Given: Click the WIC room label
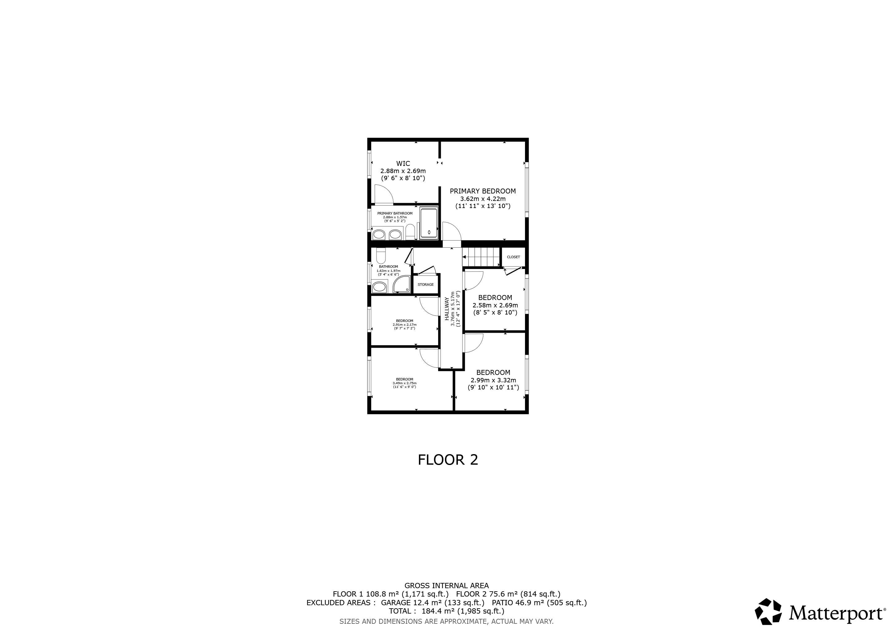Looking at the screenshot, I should (x=403, y=163).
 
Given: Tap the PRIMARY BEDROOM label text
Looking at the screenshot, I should (x=483, y=191).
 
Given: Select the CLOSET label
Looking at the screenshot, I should (x=513, y=257).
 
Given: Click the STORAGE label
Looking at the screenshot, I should (x=425, y=284).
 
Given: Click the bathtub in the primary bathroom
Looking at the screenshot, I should (x=429, y=223).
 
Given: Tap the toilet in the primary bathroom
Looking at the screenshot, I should (x=410, y=232).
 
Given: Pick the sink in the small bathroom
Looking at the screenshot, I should (x=379, y=287).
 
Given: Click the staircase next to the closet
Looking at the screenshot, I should (x=481, y=257).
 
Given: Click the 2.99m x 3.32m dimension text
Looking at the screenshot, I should (x=493, y=380).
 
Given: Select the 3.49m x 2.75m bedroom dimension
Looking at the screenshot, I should (x=404, y=383).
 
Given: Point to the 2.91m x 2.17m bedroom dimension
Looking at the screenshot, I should (x=404, y=324).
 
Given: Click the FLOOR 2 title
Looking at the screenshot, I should (x=448, y=460).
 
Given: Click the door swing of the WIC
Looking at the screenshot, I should (x=383, y=195).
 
